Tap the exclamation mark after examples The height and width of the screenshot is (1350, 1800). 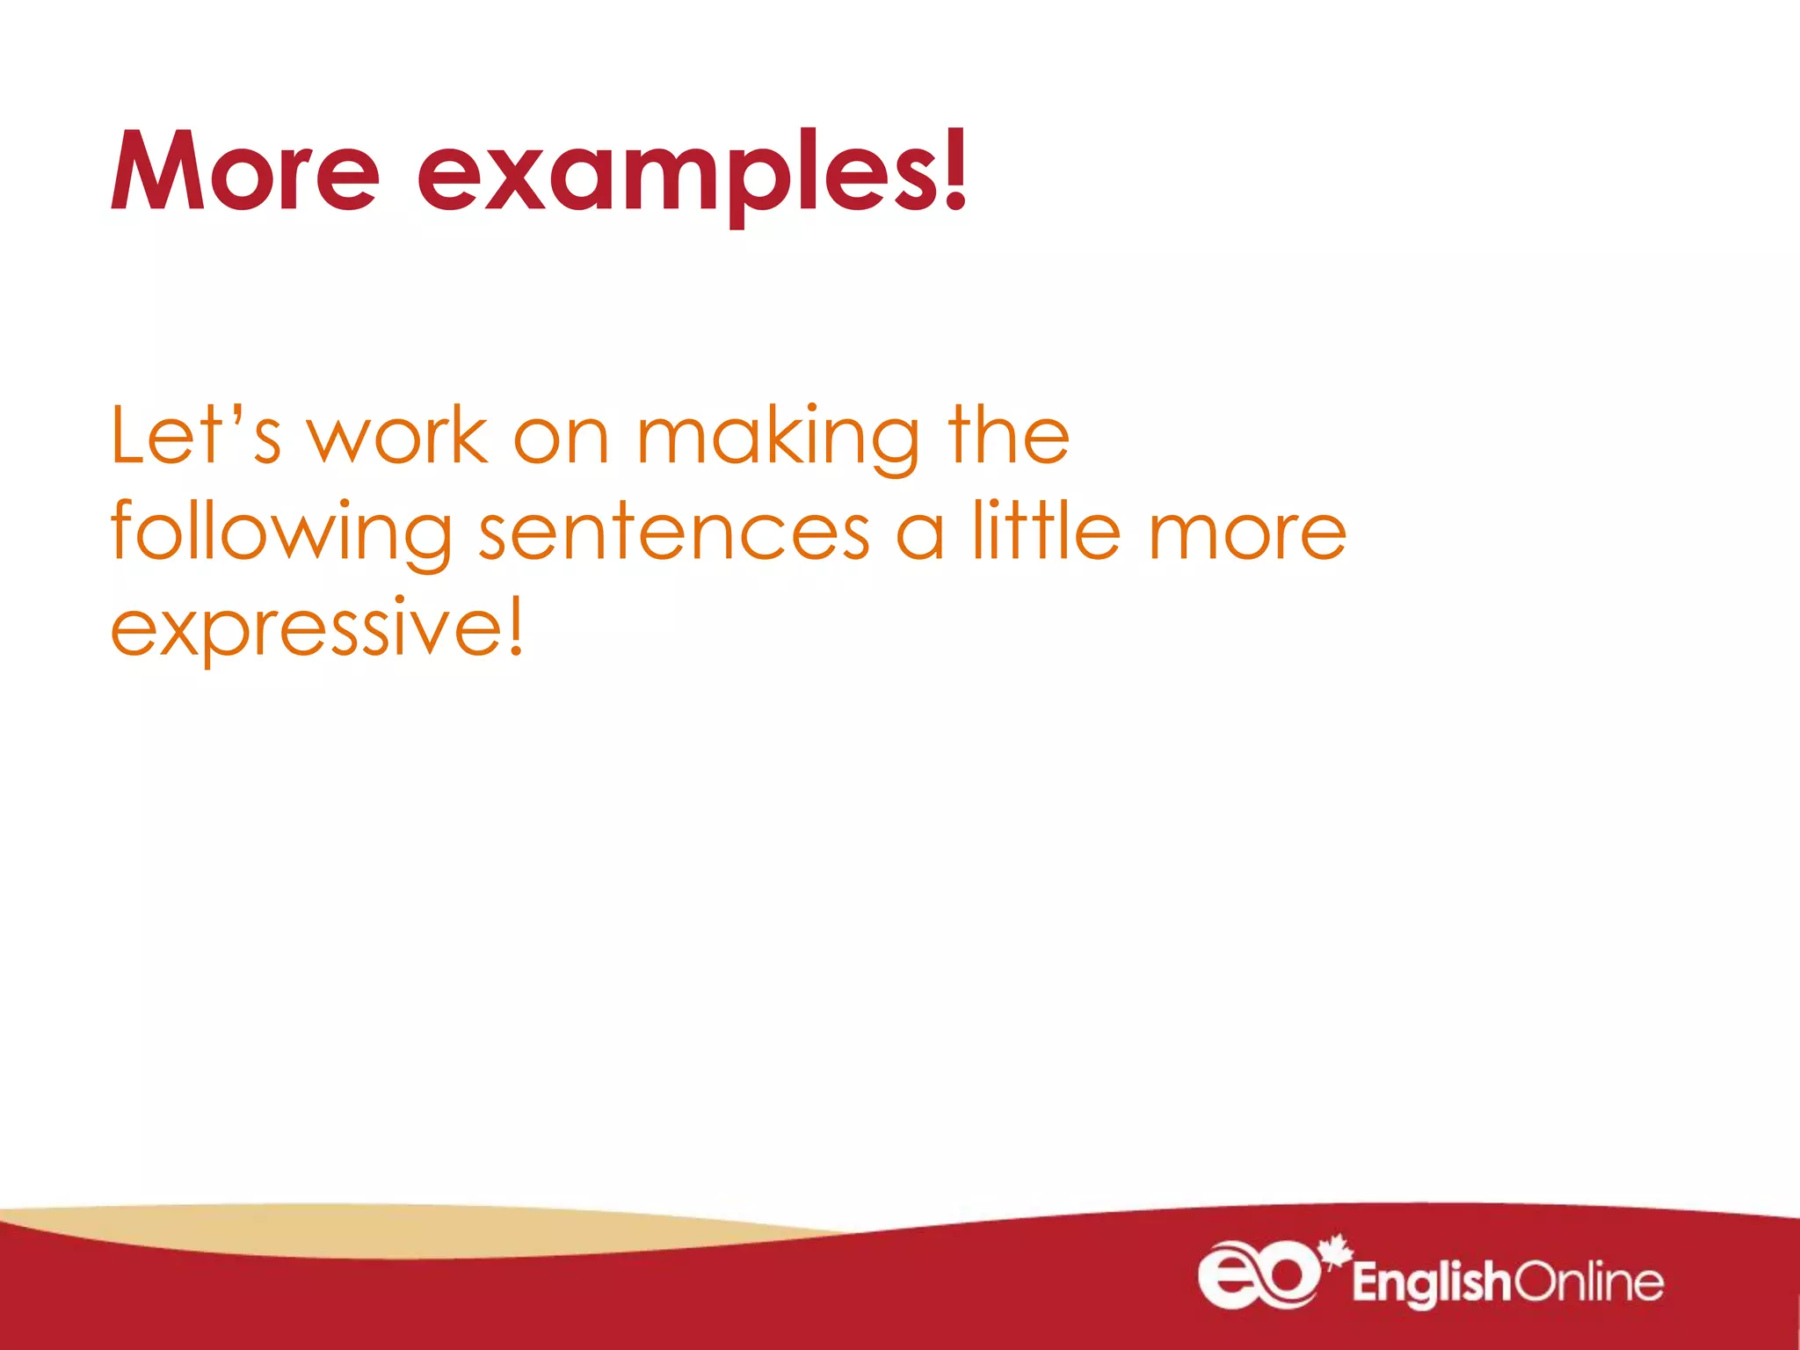954,170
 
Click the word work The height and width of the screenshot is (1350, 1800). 397,437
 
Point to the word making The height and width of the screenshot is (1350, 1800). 779,439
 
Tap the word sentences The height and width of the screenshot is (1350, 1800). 674,533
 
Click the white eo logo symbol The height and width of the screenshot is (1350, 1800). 1258,1274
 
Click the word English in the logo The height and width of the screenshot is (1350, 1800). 1431,1283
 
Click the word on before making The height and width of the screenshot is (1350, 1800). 561,439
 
